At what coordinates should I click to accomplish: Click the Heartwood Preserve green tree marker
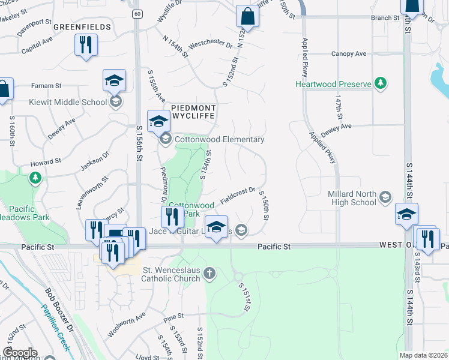(380, 83)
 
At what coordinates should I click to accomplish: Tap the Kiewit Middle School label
(68, 102)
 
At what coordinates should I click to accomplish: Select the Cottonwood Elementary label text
(220, 140)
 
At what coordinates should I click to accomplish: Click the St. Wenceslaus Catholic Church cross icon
(209, 274)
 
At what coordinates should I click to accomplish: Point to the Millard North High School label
(352, 198)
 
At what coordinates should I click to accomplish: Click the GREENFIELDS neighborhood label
(82, 27)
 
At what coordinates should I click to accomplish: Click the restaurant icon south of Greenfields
(86, 45)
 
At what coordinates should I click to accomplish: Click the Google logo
(19, 353)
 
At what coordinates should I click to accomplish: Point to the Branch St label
(385, 18)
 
